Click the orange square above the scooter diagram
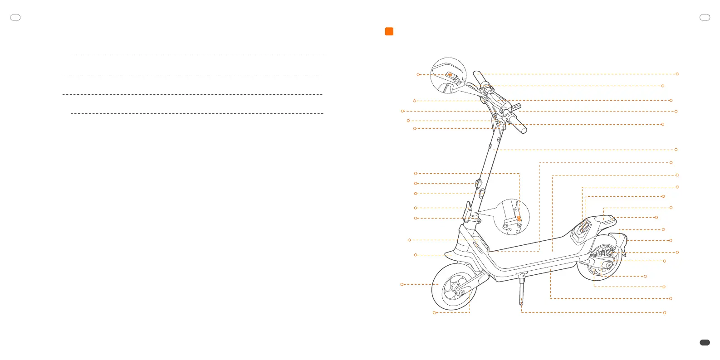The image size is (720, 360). (389, 31)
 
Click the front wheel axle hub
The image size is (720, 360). (462, 293)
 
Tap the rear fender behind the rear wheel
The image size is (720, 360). (622, 245)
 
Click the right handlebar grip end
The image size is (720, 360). (524, 130)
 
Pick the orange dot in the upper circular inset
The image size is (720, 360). (450, 74)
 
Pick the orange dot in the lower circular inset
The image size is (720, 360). (519, 219)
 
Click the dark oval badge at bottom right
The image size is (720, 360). (705, 343)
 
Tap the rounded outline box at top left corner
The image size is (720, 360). (15, 18)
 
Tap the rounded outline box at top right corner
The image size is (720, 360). (705, 18)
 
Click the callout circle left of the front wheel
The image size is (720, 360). (402, 284)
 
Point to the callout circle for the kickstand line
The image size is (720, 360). (665, 312)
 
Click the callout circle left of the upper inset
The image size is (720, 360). (418, 74)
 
